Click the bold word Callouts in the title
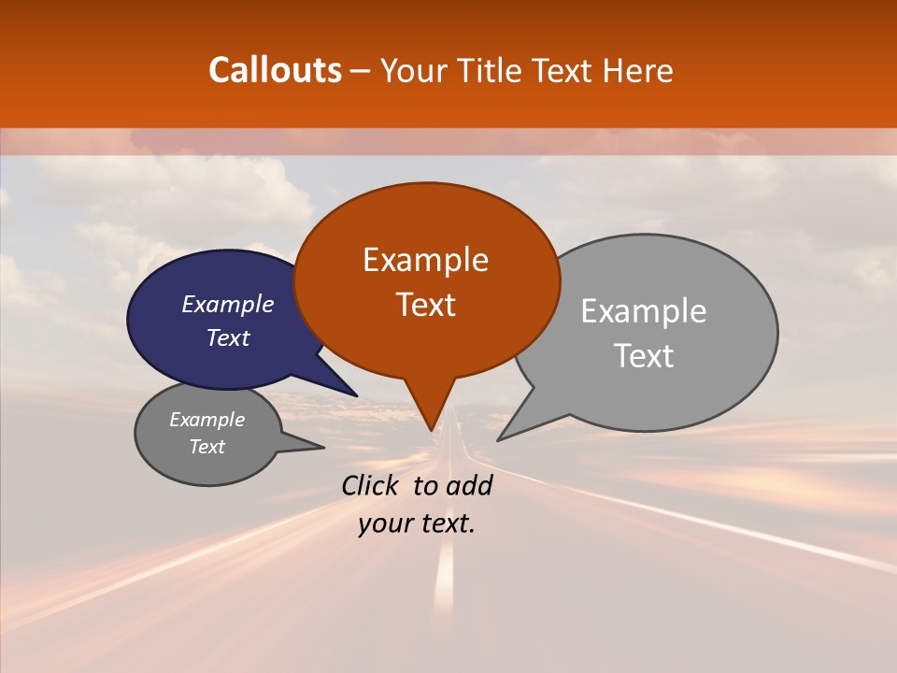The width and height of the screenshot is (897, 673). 275,70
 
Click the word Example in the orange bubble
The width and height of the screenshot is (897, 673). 425,260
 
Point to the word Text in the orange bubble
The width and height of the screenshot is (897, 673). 425,305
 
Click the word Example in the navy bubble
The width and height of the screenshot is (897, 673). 228,304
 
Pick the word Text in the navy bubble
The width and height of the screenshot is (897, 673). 228,337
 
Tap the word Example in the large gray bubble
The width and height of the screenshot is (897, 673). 644,311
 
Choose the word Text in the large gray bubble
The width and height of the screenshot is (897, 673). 644,356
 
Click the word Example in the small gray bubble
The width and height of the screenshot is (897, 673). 206,420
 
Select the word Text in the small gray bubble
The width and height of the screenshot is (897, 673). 206,447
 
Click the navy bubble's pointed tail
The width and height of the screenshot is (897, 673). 355,394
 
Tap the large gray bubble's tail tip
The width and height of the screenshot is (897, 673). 499,439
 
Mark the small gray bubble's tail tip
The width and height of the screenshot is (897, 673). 322,448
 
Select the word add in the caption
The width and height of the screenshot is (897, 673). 470,485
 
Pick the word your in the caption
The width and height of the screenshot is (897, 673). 384,523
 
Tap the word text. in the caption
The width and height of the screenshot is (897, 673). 446,523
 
